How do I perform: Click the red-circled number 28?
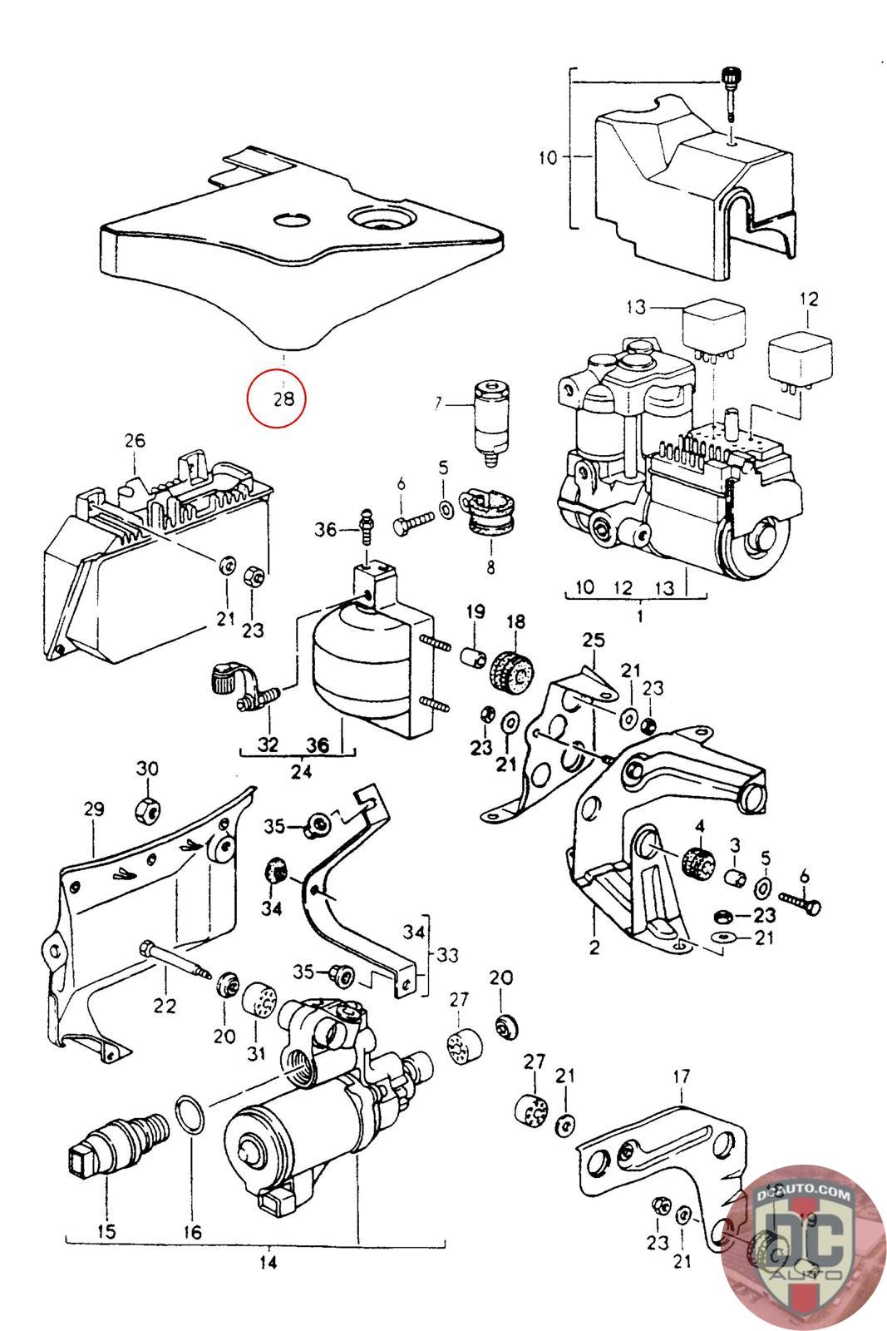284,398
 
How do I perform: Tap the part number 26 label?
135,441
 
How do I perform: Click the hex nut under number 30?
147,808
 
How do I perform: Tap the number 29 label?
93,808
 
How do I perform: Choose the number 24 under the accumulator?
301,771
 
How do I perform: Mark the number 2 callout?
594,946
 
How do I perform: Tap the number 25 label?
594,641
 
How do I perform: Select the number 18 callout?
515,621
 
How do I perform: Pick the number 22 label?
164,1006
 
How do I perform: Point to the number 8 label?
490,568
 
